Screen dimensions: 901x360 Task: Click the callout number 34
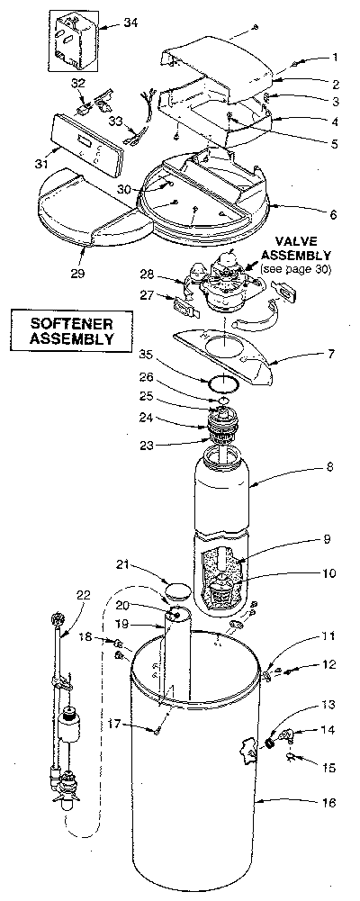(x=130, y=23)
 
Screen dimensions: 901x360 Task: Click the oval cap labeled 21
(x=177, y=591)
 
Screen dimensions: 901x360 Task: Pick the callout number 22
(x=83, y=595)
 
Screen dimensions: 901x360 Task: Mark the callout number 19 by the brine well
(x=146, y=623)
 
